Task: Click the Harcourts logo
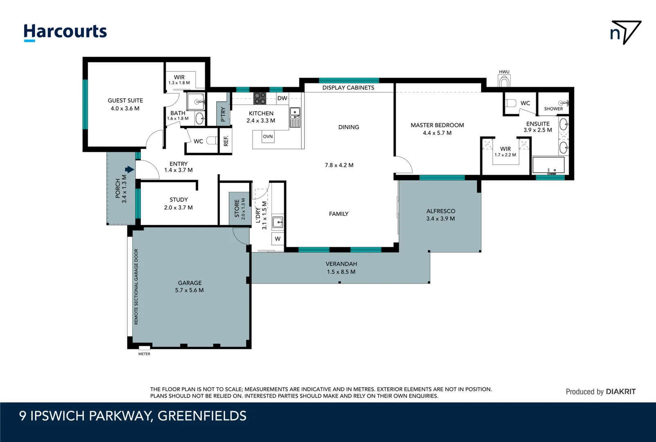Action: pos(65,32)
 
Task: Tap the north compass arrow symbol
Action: pos(625,32)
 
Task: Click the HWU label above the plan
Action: pos(504,72)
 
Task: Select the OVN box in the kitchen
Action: pos(268,137)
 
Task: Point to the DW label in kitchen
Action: pos(282,98)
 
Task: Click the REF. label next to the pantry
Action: pos(226,141)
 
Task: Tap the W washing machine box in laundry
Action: pos(277,239)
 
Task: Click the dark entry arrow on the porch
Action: pos(129,169)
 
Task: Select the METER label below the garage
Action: pos(144,354)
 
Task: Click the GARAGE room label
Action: pos(189,283)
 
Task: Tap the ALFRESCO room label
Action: pos(441,211)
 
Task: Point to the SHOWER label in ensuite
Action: pos(553,109)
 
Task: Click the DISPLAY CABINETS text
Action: pos(348,88)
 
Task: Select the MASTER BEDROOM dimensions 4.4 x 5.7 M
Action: pos(437,133)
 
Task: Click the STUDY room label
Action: pos(179,200)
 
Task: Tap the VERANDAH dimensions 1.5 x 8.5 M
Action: pos(341,272)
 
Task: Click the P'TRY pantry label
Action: pos(223,114)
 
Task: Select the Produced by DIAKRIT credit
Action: pos(600,392)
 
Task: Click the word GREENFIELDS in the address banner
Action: pos(202,416)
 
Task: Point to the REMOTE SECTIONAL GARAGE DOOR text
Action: pos(136,286)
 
